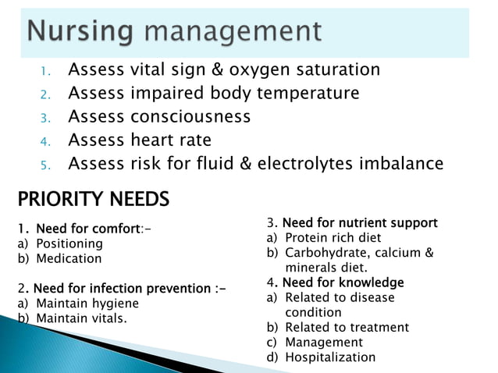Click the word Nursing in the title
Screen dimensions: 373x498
pyautogui.click(x=77, y=33)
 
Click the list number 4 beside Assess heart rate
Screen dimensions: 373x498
pyautogui.click(x=45, y=142)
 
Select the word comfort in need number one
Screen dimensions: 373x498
pyautogui.click(x=113, y=229)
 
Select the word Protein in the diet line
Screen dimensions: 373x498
pyautogui.click(x=306, y=238)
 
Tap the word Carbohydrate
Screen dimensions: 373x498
pyautogui.click(x=327, y=253)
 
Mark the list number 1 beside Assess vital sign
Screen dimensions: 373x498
pyautogui.click(x=45, y=72)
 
